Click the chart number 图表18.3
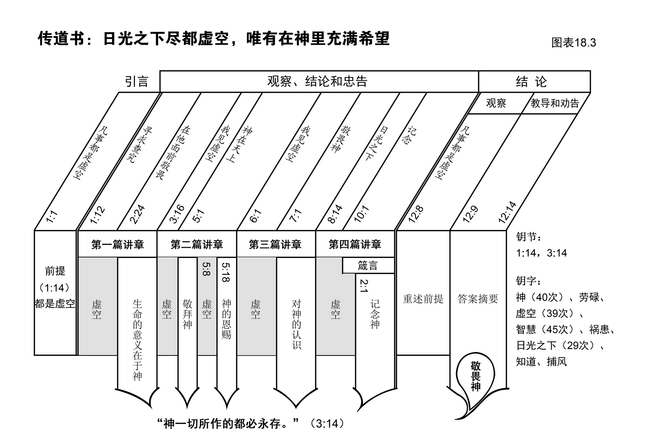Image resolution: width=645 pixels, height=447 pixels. point(573,43)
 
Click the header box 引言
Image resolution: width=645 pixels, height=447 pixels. point(136,82)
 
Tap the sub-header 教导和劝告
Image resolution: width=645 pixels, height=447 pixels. point(555,103)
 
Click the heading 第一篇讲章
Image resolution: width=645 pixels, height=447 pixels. point(117,245)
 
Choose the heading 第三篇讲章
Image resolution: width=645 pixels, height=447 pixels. point(275,245)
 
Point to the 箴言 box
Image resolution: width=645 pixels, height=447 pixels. point(368,265)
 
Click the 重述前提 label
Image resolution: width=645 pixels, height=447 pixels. point(423,299)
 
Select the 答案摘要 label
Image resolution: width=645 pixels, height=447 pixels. point(478,299)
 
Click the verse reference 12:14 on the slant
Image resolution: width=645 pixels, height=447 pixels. point(507,212)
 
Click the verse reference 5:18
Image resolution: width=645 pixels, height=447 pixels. point(226,272)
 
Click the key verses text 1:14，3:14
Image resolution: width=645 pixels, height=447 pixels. point(541,253)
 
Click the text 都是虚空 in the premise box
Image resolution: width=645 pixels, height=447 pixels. point(55,304)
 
